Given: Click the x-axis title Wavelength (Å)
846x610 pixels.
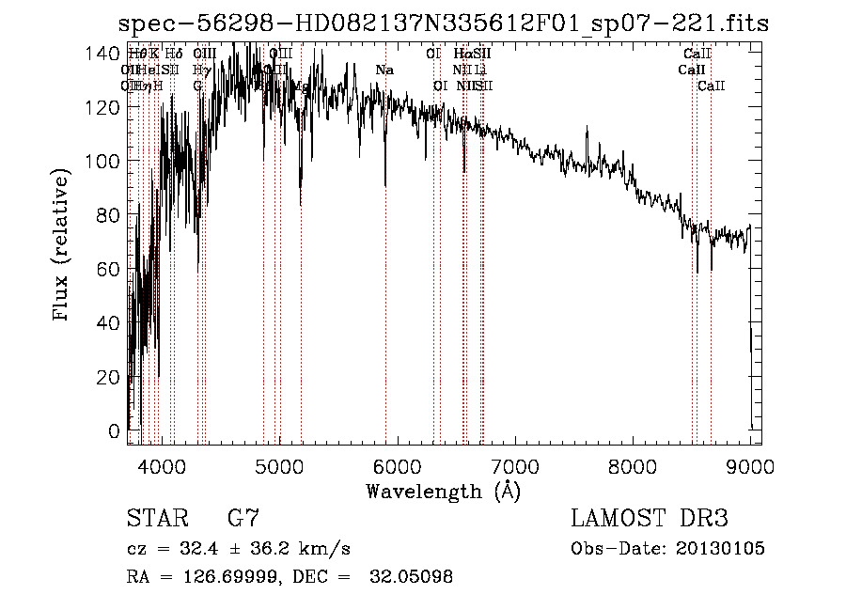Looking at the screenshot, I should pos(443,491).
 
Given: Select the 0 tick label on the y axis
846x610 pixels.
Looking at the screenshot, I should pos(114,431).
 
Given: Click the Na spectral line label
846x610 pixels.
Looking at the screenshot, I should pos(384,70).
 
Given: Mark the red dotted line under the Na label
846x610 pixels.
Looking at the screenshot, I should pos(385,282).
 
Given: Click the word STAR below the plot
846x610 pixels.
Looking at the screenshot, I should pos(156,519).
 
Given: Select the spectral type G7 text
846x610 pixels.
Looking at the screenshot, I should pos(243,519).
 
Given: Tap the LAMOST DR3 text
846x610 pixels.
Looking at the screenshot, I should pos(649,519).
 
